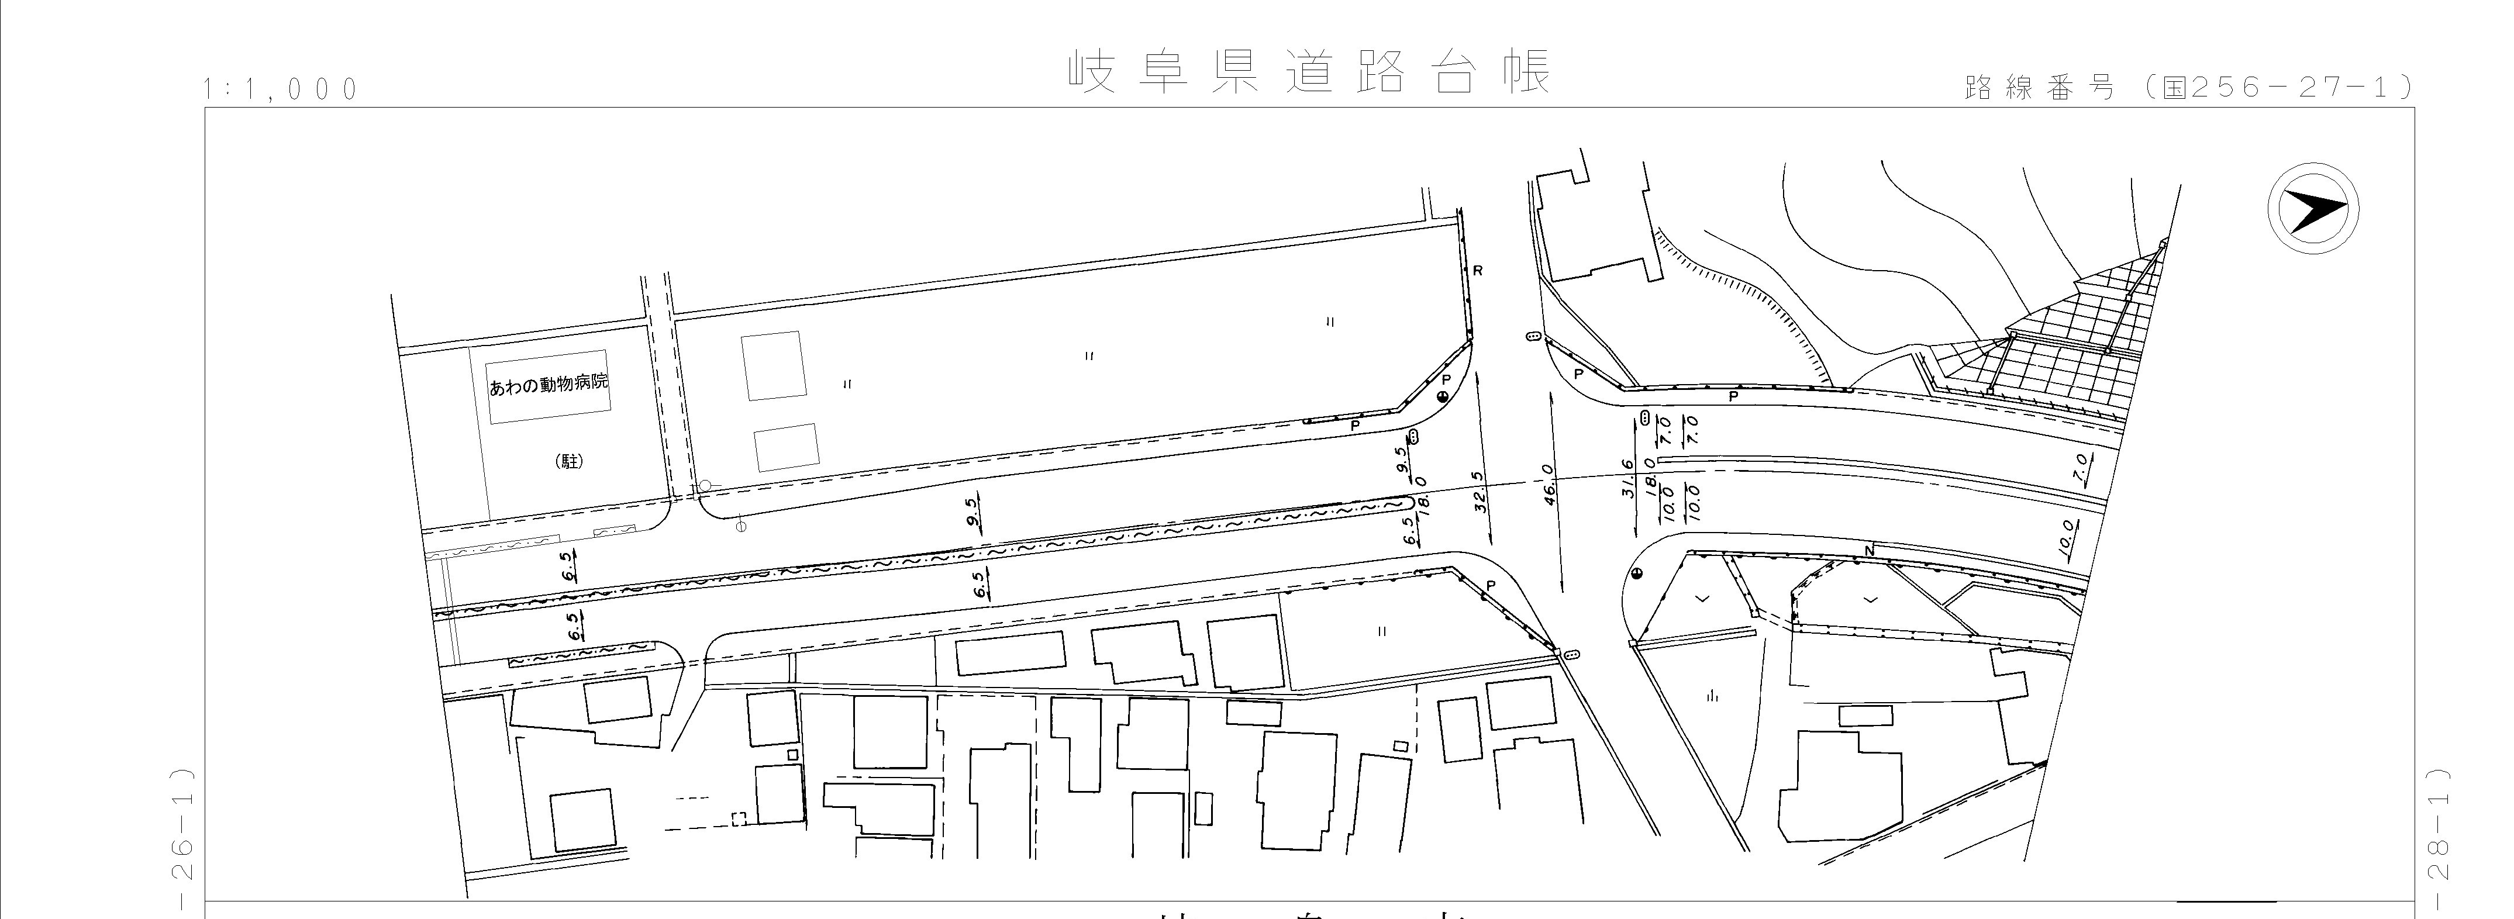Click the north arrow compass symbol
[2312, 210]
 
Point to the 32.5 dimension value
[1480, 493]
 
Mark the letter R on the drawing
[1478, 270]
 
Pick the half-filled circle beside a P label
[1443, 397]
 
